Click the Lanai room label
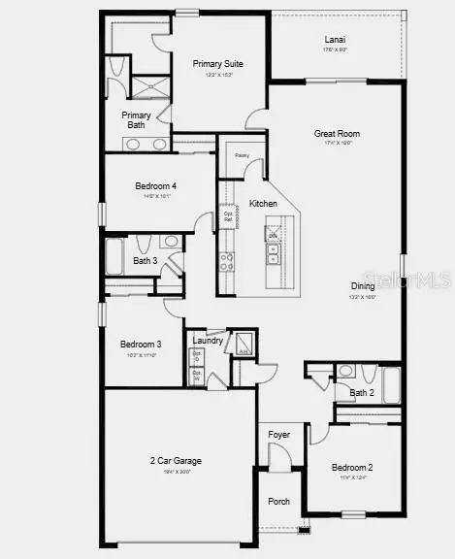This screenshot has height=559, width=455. (x=335, y=40)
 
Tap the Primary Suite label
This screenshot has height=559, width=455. (x=217, y=64)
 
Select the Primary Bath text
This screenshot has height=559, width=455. (x=136, y=120)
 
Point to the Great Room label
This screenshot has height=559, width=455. (x=337, y=134)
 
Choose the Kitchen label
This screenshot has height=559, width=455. (x=263, y=204)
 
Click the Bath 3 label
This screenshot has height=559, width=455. (x=145, y=260)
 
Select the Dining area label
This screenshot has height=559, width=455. (x=364, y=285)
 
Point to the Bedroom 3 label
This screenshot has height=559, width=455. (x=141, y=344)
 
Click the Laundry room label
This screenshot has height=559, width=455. (x=208, y=340)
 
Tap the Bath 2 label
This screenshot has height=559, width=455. (x=361, y=393)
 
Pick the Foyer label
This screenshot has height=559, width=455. (x=279, y=434)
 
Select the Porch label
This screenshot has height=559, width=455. (x=278, y=502)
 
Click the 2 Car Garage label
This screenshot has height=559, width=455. (x=176, y=460)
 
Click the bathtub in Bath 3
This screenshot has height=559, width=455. (x=114, y=258)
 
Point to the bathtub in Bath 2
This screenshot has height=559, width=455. (x=392, y=384)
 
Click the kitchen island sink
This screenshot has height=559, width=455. (x=274, y=253)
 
